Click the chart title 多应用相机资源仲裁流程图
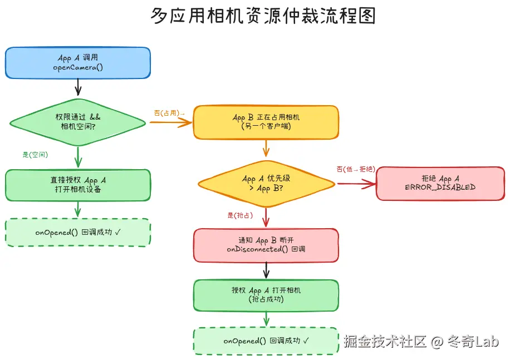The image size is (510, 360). coord(263,16)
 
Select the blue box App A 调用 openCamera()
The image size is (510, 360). coord(77,62)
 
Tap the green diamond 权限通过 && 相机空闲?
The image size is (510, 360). coord(78,122)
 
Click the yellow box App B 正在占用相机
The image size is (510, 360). coord(266,122)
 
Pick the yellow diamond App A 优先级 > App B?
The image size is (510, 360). coord(266,183)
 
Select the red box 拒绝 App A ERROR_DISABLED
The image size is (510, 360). coord(440,183)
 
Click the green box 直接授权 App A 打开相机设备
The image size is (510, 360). coord(78,185)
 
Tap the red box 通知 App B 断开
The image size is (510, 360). coord(266,245)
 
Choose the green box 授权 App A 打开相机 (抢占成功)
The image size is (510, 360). coord(266,295)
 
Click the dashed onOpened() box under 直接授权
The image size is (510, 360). coord(78,232)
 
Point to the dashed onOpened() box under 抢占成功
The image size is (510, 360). coord(266,341)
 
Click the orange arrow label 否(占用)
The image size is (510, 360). coord(169,113)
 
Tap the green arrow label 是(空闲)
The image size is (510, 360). coord(35,155)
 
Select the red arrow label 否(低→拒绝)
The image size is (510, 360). coord(355,169)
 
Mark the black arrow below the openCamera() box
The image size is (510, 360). coord(78,86)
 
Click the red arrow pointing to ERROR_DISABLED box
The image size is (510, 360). coord(356,184)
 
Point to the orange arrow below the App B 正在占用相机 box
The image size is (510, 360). coord(266,148)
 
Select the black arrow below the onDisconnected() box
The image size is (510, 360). coord(266,270)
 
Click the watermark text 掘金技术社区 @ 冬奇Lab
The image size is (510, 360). coord(421,341)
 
